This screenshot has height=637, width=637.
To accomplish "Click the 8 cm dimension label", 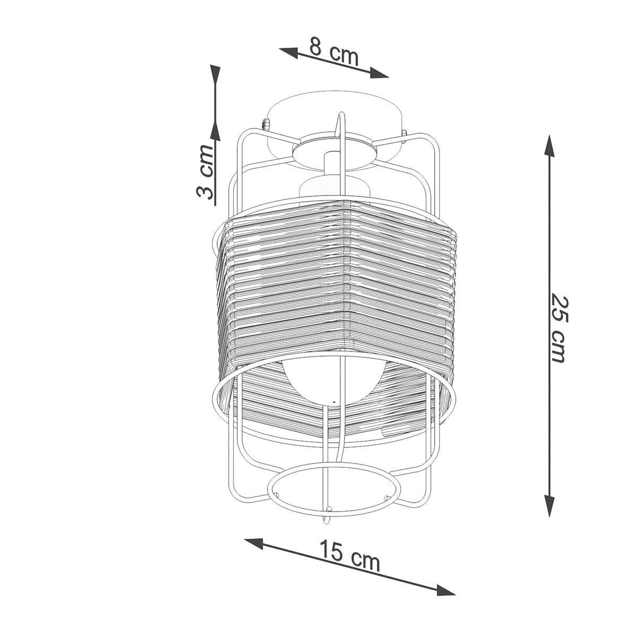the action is click(x=334, y=51).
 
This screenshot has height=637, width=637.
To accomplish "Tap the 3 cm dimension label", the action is click(x=204, y=171).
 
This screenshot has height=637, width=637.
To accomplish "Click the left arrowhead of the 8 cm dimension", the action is click(x=289, y=53).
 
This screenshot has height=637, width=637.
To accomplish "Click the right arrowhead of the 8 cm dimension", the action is click(x=379, y=73).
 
